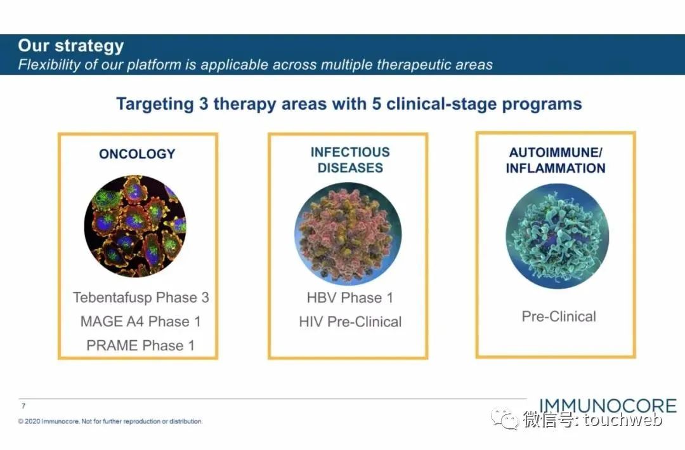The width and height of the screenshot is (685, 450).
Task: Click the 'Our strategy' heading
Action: click(70, 46)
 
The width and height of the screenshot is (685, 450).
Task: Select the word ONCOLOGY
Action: click(137, 154)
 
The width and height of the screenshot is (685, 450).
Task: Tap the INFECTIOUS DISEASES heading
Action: click(350, 160)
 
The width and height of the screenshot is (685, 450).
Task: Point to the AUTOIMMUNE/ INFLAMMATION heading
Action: click(556, 160)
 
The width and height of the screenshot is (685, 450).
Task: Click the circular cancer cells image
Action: click(135, 226)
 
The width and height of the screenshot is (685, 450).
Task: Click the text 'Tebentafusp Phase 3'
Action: click(141, 297)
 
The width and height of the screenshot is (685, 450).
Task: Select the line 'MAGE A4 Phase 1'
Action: click(140, 321)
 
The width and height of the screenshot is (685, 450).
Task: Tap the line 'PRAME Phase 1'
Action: click(140, 345)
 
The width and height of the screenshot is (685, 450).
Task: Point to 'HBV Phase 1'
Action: click(350, 298)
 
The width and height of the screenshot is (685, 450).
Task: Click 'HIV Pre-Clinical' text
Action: click(350, 322)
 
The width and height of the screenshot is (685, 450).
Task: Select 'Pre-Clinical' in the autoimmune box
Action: click(559, 316)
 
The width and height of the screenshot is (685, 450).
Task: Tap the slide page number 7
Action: click(23, 406)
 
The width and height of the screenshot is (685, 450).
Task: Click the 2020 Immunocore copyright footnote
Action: click(110, 421)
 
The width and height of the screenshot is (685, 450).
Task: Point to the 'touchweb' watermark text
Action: click(624, 420)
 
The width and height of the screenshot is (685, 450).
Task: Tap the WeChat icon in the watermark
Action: click(507, 419)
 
